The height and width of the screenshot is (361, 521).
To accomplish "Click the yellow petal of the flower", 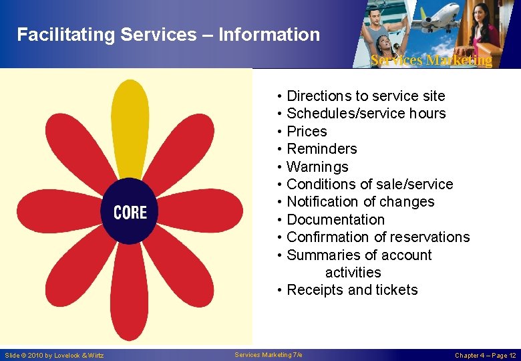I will click(x=130, y=127).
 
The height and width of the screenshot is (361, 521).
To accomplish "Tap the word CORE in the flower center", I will click(x=130, y=213).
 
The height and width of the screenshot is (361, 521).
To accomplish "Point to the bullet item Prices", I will click(x=307, y=131).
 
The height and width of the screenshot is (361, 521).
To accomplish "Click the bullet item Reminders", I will click(x=321, y=149).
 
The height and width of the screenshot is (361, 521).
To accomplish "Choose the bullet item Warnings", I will click(x=317, y=166).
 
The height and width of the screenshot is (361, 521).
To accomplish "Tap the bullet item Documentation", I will click(x=335, y=220).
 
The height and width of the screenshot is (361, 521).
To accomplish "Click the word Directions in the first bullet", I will click(x=319, y=96).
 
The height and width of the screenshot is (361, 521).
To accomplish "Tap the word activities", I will click(x=353, y=273).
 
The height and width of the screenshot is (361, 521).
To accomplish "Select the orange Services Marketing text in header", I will click(x=431, y=60).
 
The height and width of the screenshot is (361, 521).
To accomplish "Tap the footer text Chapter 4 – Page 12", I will click(x=485, y=355).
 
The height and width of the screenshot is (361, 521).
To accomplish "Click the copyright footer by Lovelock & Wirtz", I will click(x=54, y=355).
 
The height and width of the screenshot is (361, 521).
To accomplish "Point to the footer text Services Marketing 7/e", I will click(x=269, y=354).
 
